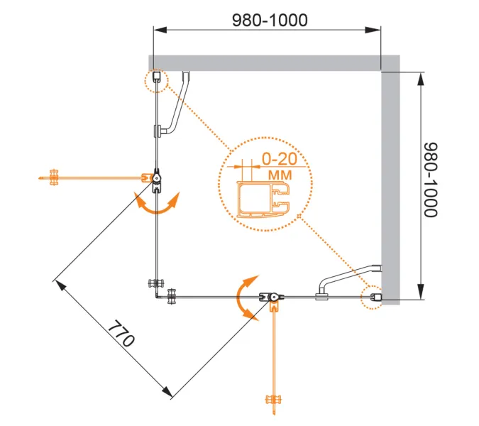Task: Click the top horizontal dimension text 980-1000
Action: tap(270, 21)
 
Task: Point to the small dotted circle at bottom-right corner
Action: tap(373, 298)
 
